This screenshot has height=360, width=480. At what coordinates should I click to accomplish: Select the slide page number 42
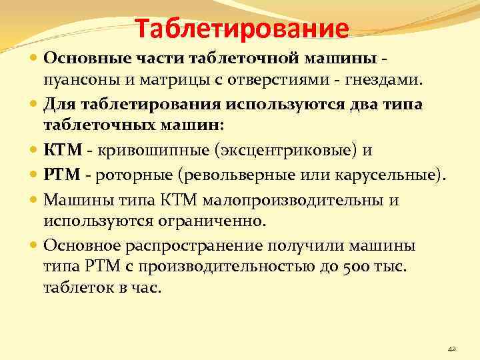click(451, 349)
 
